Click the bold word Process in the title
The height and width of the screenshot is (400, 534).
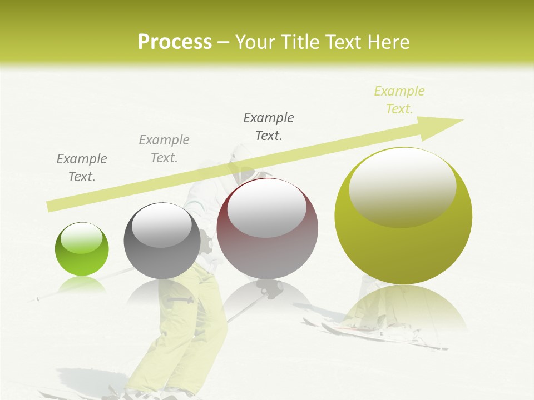[x=175, y=42]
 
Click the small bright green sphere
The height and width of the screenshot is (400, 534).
[x=82, y=249]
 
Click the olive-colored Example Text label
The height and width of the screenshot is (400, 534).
[x=399, y=100]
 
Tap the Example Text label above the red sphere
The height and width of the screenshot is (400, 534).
[x=269, y=126]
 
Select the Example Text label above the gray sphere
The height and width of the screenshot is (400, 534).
[x=164, y=148]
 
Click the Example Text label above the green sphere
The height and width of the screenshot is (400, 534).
[x=82, y=167]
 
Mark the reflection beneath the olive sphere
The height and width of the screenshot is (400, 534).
[x=403, y=308]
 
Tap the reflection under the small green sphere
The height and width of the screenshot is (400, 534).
[x=82, y=284]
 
